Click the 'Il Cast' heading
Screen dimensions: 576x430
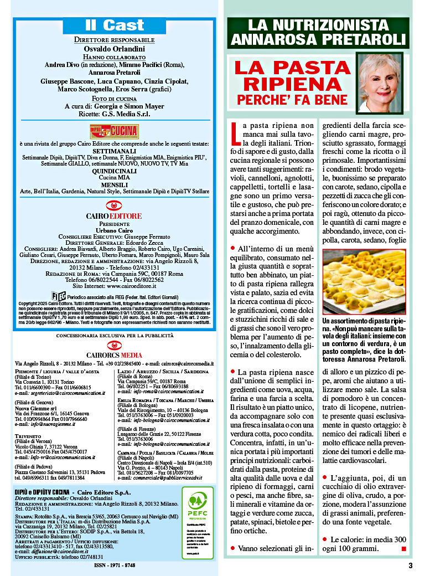point(114,25)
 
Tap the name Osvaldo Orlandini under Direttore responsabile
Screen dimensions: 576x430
point(115,49)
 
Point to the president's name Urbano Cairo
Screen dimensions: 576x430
point(114,229)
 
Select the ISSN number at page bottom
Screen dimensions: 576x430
point(115,565)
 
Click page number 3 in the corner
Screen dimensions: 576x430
point(410,565)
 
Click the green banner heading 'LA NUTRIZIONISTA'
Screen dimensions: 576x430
point(318,25)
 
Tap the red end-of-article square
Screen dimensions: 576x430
point(403,549)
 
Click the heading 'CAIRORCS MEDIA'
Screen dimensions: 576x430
point(114,354)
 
